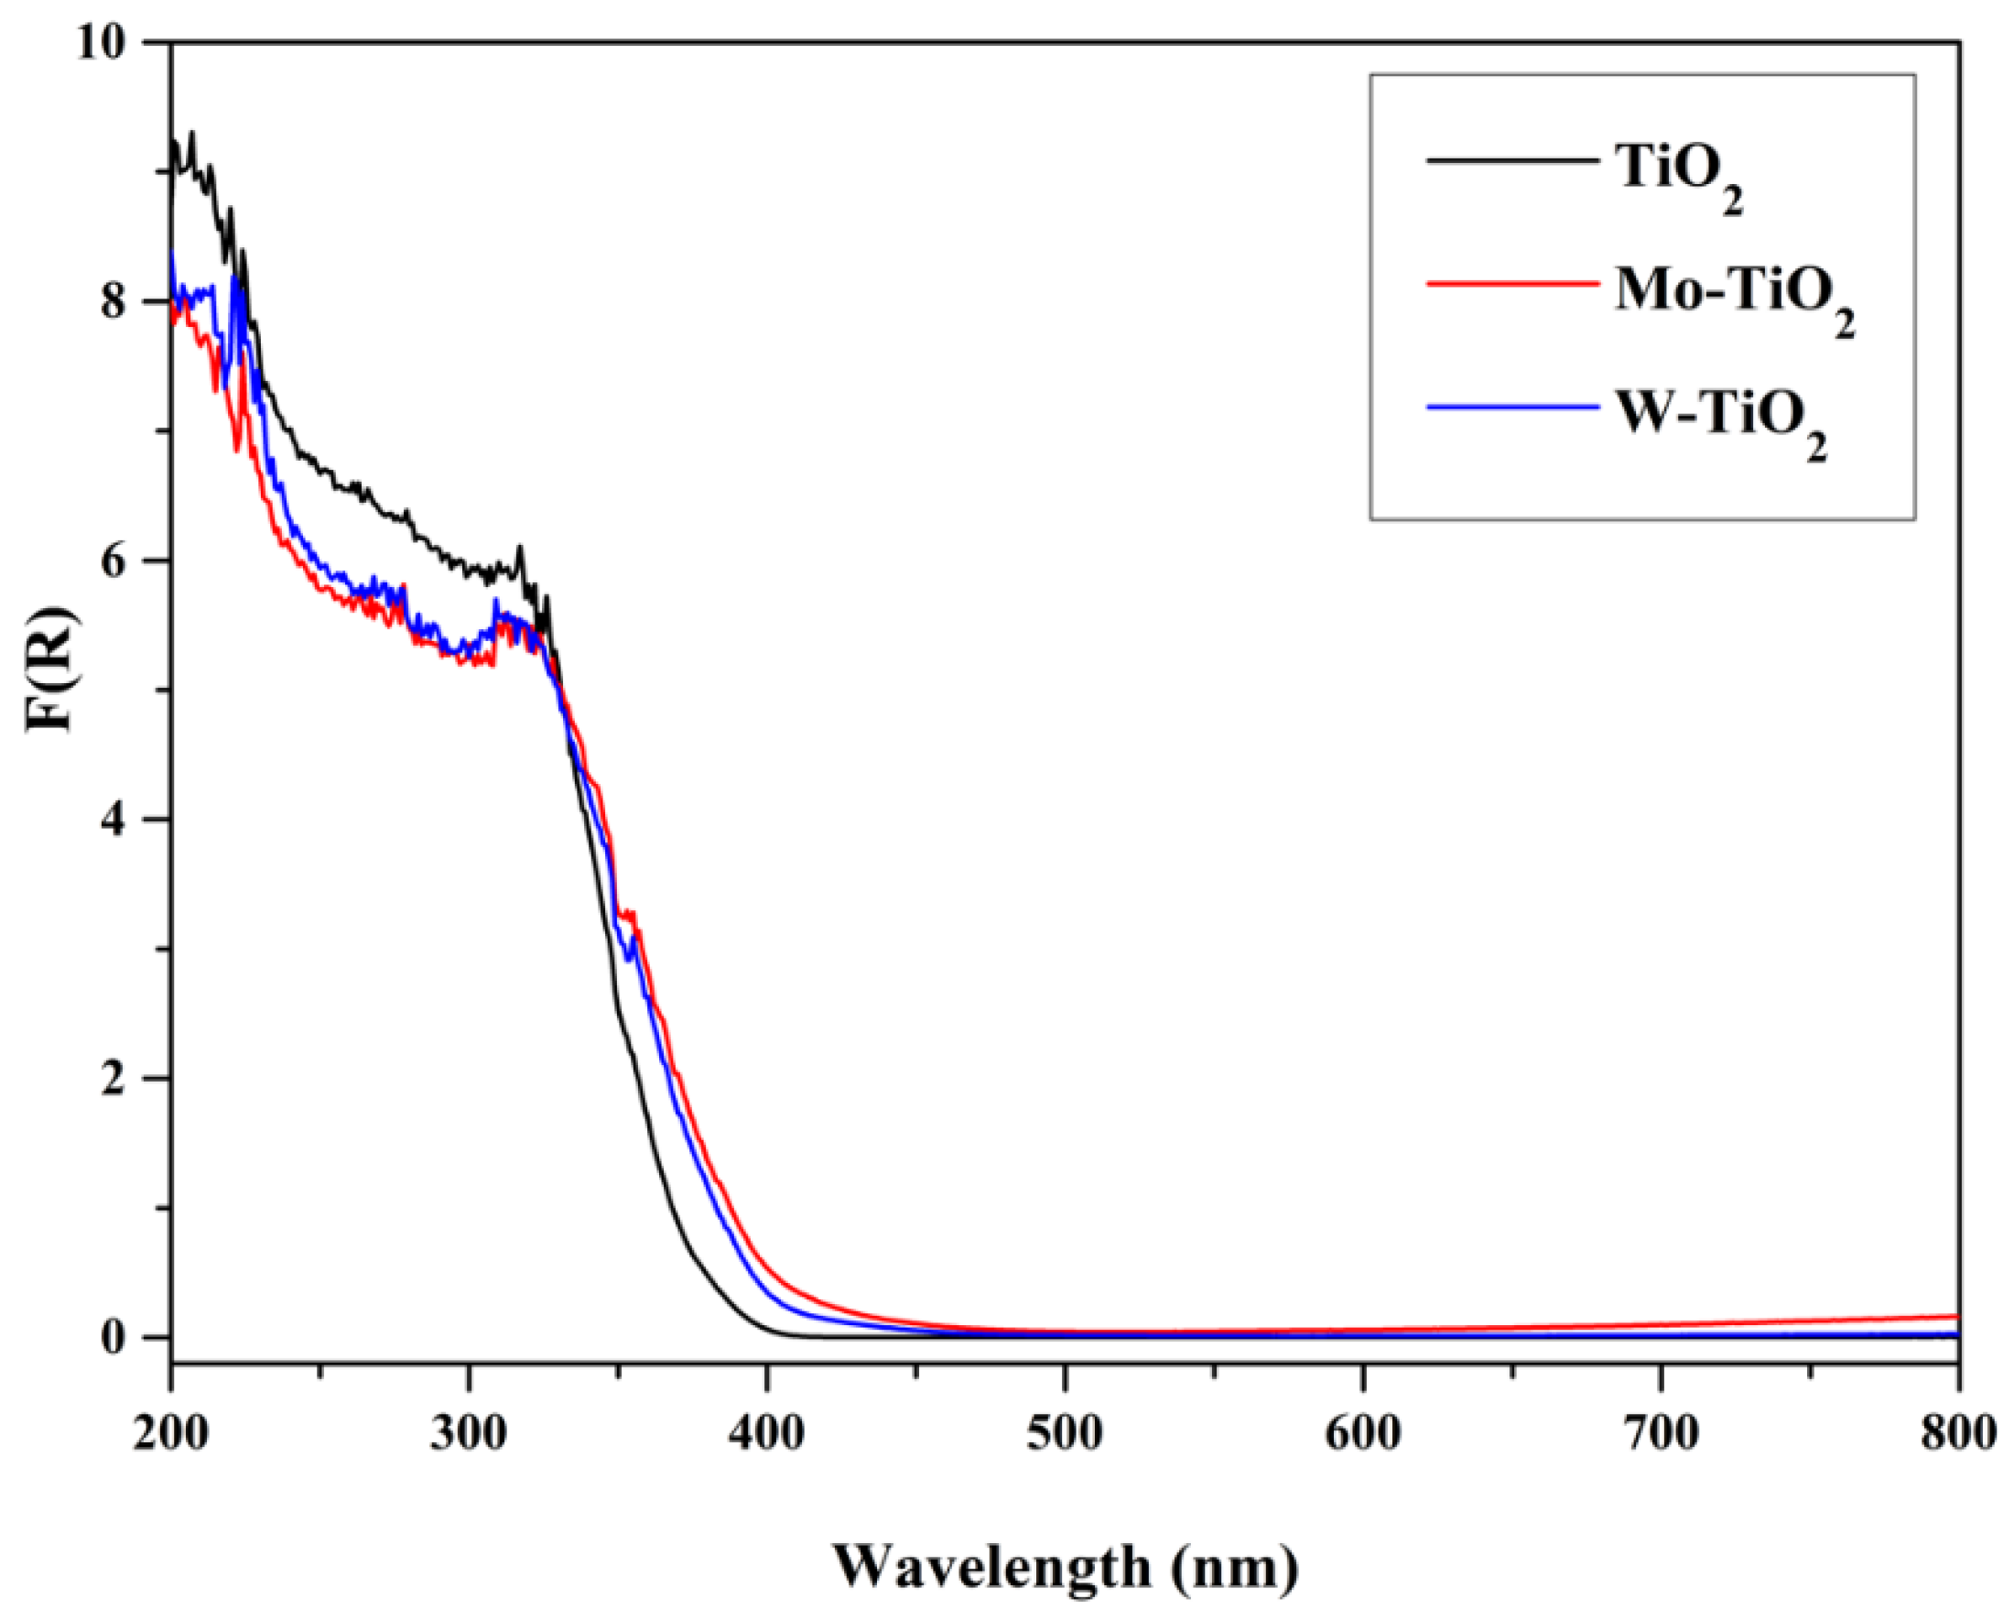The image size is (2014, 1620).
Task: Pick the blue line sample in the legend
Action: [1510, 407]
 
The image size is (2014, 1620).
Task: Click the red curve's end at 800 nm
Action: [1955, 1316]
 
